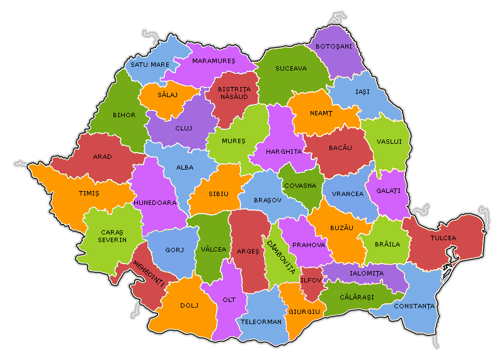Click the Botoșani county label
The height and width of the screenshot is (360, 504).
(x=334, y=46)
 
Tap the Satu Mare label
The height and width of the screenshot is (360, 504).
(x=150, y=64)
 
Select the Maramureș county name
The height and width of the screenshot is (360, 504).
(x=214, y=61)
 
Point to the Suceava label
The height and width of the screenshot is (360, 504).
(x=291, y=68)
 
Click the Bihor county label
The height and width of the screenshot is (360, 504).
(x=123, y=115)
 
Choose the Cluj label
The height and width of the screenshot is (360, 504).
(x=183, y=128)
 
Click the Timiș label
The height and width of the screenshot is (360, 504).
(x=89, y=194)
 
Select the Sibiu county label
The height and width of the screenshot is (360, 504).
(x=218, y=194)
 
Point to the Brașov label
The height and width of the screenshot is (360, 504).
(x=265, y=200)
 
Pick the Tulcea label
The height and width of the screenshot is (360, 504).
(x=443, y=238)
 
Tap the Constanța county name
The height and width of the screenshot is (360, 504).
(x=414, y=306)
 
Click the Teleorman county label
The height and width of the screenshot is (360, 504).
(x=261, y=322)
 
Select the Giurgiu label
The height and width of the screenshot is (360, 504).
(x=305, y=311)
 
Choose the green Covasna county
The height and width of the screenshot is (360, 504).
(x=300, y=184)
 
